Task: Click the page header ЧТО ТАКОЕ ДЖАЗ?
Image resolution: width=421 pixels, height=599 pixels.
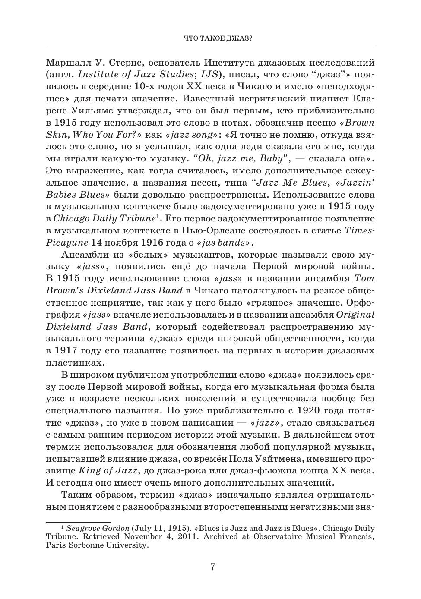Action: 218,39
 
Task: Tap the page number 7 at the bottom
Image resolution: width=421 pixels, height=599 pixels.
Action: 212,567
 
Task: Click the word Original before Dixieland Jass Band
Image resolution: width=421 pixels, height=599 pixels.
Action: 355,314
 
